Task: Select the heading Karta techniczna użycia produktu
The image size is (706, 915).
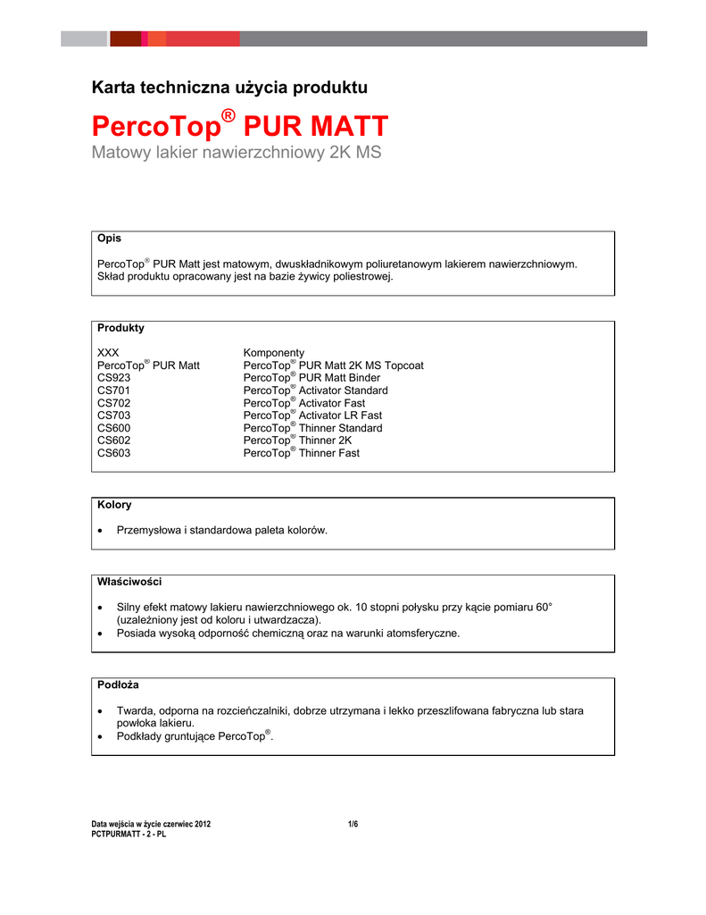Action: [229, 88]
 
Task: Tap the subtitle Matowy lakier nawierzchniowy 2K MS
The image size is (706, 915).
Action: [237, 153]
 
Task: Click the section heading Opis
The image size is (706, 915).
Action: [109, 239]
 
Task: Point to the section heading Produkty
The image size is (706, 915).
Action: [120, 328]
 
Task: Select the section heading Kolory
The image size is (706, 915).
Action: [114, 505]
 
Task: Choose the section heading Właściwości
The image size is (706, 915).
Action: [129, 582]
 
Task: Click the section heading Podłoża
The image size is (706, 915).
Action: [118, 684]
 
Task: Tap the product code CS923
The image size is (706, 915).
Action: [113, 378]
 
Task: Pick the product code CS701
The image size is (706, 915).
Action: [113, 390]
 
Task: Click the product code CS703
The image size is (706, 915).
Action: [113, 416]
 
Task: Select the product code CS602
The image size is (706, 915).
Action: [113, 441]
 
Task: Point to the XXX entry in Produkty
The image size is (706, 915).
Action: [108, 353]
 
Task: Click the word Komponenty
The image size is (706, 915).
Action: [274, 353]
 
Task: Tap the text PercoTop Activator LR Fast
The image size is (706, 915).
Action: [312, 416]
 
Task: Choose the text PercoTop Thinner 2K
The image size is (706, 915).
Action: [298, 441]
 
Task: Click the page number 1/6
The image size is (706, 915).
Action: [353, 824]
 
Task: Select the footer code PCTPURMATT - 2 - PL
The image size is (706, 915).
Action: [129, 834]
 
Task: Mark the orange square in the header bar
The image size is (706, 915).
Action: [156, 38]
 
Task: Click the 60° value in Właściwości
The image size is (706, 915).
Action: [543, 607]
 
